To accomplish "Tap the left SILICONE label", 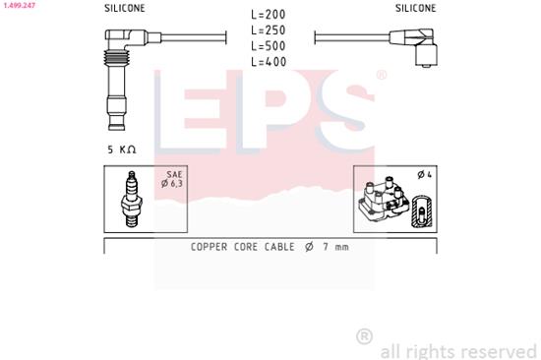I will click(125, 8).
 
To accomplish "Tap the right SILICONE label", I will click(416, 8).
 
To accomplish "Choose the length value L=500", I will click(269, 46).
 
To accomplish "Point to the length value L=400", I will click(269, 62).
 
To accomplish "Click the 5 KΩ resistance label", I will click(122, 149).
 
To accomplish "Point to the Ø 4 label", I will click(424, 175).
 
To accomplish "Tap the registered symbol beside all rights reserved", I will click(364, 336).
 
